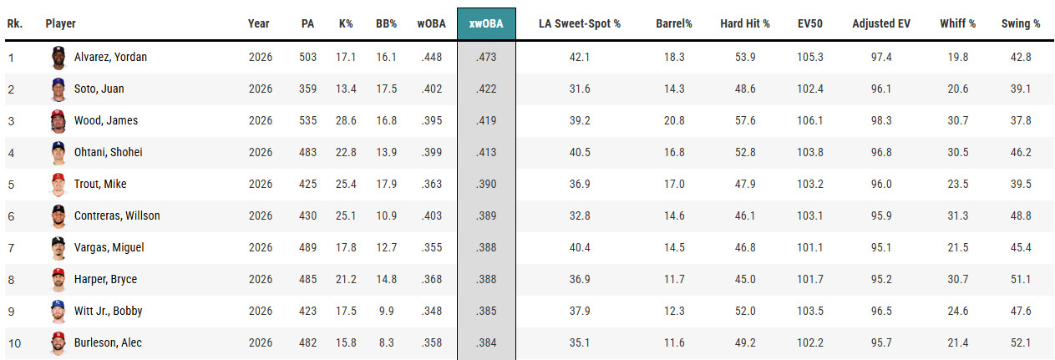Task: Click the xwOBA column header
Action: tap(486, 23)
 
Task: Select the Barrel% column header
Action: tap(674, 23)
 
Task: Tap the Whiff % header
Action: tap(957, 23)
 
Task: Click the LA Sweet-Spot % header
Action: tap(580, 23)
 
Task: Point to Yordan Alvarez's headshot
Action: tap(58, 58)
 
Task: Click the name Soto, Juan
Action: tap(99, 89)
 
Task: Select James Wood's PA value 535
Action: tap(307, 120)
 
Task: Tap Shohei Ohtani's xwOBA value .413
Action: tap(486, 152)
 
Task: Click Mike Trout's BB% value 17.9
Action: tap(386, 184)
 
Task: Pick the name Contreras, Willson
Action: tap(117, 215)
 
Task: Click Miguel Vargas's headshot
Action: tap(58, 248)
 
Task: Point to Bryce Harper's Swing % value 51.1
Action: tap(1021, 279)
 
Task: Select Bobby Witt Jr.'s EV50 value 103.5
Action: tap(810, 311)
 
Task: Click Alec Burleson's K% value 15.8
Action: tap(346, 342)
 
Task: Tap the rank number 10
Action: tap(14, 343)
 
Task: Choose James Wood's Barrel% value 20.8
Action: tap(674, 120)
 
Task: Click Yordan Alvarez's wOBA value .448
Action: tap(431, 57)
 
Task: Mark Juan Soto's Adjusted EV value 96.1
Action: tap(881, 89)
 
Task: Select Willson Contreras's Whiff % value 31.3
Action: tap(957, 215)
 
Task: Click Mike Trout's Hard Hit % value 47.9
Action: tap(745, 184)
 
